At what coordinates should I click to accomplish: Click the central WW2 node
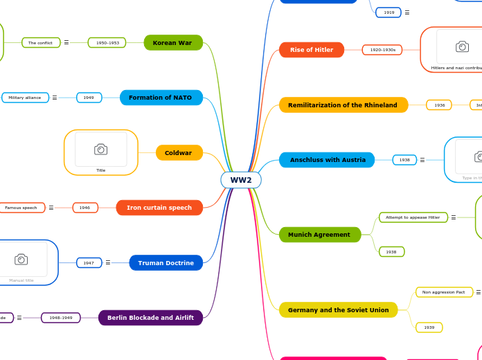(241, 180)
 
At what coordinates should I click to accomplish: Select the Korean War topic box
(173, 43)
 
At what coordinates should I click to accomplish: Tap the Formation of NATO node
(161, 98)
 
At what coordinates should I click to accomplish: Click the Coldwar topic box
(179, 152)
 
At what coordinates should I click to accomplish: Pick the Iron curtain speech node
(159, 208)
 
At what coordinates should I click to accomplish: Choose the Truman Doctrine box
(166, 263)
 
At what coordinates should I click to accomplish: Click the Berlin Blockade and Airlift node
(150, 318)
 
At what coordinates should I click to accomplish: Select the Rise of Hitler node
(311, 50)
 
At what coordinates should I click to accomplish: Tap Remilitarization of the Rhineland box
(343, 105)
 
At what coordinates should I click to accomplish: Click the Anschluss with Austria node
(327, 160)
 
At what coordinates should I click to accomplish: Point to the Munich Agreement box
(319, 235)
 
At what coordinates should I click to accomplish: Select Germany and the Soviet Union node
(338, 310)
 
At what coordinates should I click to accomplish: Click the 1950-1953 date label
(107, 43)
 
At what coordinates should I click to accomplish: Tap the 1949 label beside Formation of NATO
(89, 98)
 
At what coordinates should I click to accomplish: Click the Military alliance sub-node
(25, 98)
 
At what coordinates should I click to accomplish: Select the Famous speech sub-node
(21, 208)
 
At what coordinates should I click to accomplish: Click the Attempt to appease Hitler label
(413, 217)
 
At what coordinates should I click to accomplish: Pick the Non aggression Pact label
(444, 292)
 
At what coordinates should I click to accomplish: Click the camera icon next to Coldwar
(100, 150)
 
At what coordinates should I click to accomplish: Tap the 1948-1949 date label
(61, 318)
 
